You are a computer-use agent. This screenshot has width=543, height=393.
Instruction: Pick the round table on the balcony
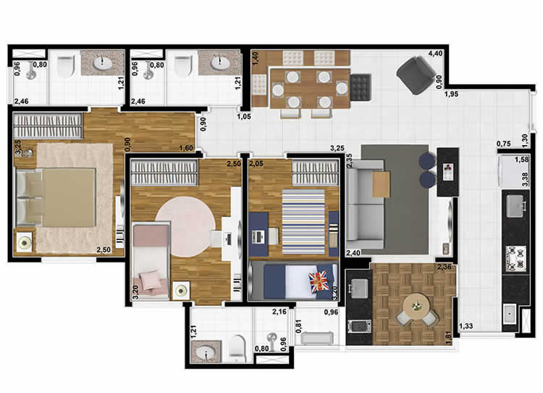[416, 305]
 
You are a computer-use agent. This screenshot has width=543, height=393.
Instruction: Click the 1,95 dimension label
[452, 94]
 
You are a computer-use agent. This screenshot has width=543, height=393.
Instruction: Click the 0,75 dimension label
[504, 144]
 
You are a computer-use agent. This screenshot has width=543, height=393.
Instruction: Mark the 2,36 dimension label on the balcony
[444, 268]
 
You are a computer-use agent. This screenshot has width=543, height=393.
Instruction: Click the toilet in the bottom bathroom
[238, 349]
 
